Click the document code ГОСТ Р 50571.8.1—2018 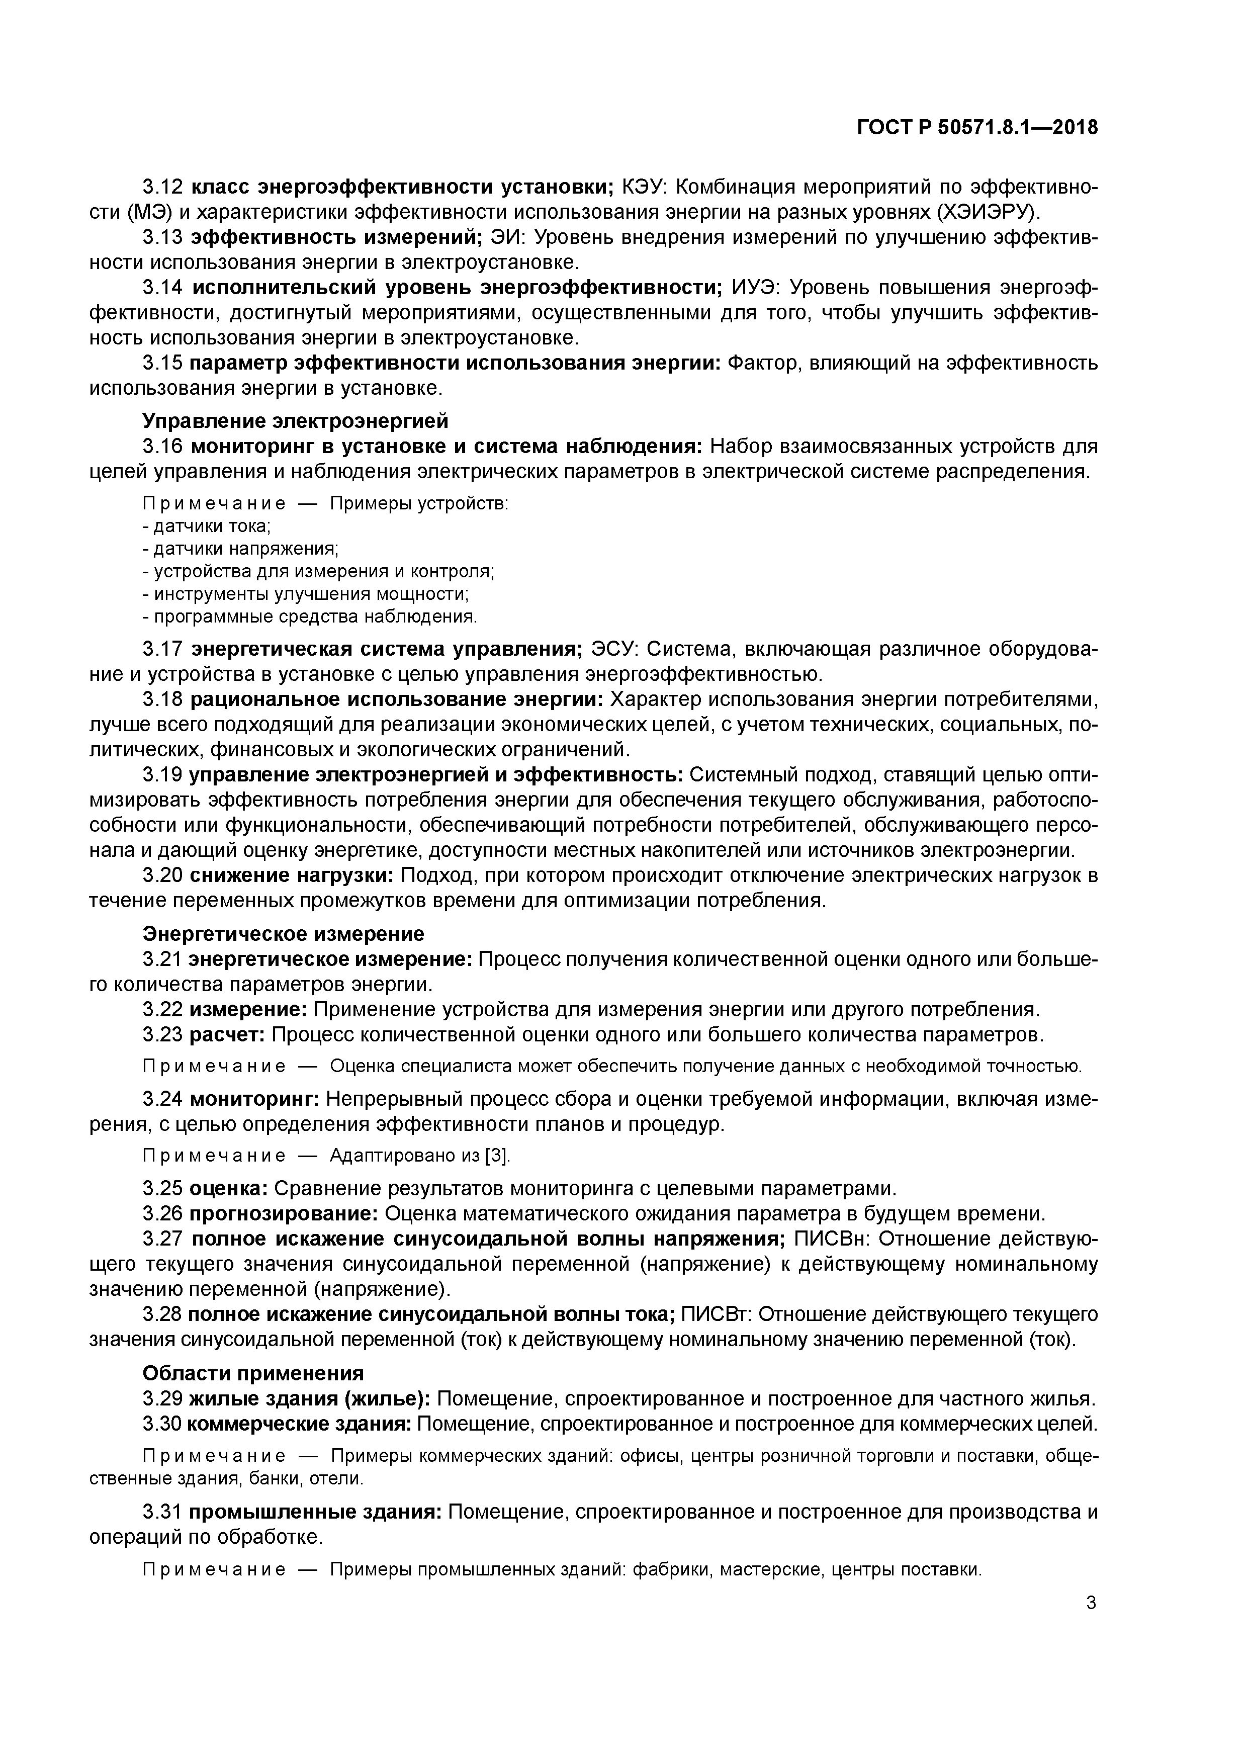coord(977,128)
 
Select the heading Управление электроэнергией coord(295,421)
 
